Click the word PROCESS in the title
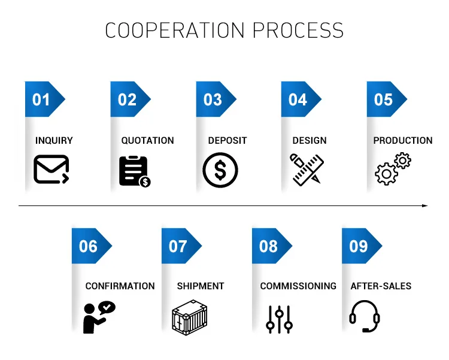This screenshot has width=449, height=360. coord(298,30)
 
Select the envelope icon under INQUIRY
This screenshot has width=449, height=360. coord(51,170)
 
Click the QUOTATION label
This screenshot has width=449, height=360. coord(147,141)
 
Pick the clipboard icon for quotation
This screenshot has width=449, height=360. coord(134,171)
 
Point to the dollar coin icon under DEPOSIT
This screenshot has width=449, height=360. coord(220,171)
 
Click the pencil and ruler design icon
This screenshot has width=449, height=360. coord(307,170)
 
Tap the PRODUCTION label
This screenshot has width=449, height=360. coord(402,141)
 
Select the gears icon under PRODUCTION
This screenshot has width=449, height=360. coord(393,168)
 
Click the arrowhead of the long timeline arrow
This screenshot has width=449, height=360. coord(425,205)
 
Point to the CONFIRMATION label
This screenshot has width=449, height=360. coord(120,286)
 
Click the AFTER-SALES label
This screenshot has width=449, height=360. coord(381,286)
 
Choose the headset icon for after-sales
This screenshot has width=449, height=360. coord(365,316)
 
